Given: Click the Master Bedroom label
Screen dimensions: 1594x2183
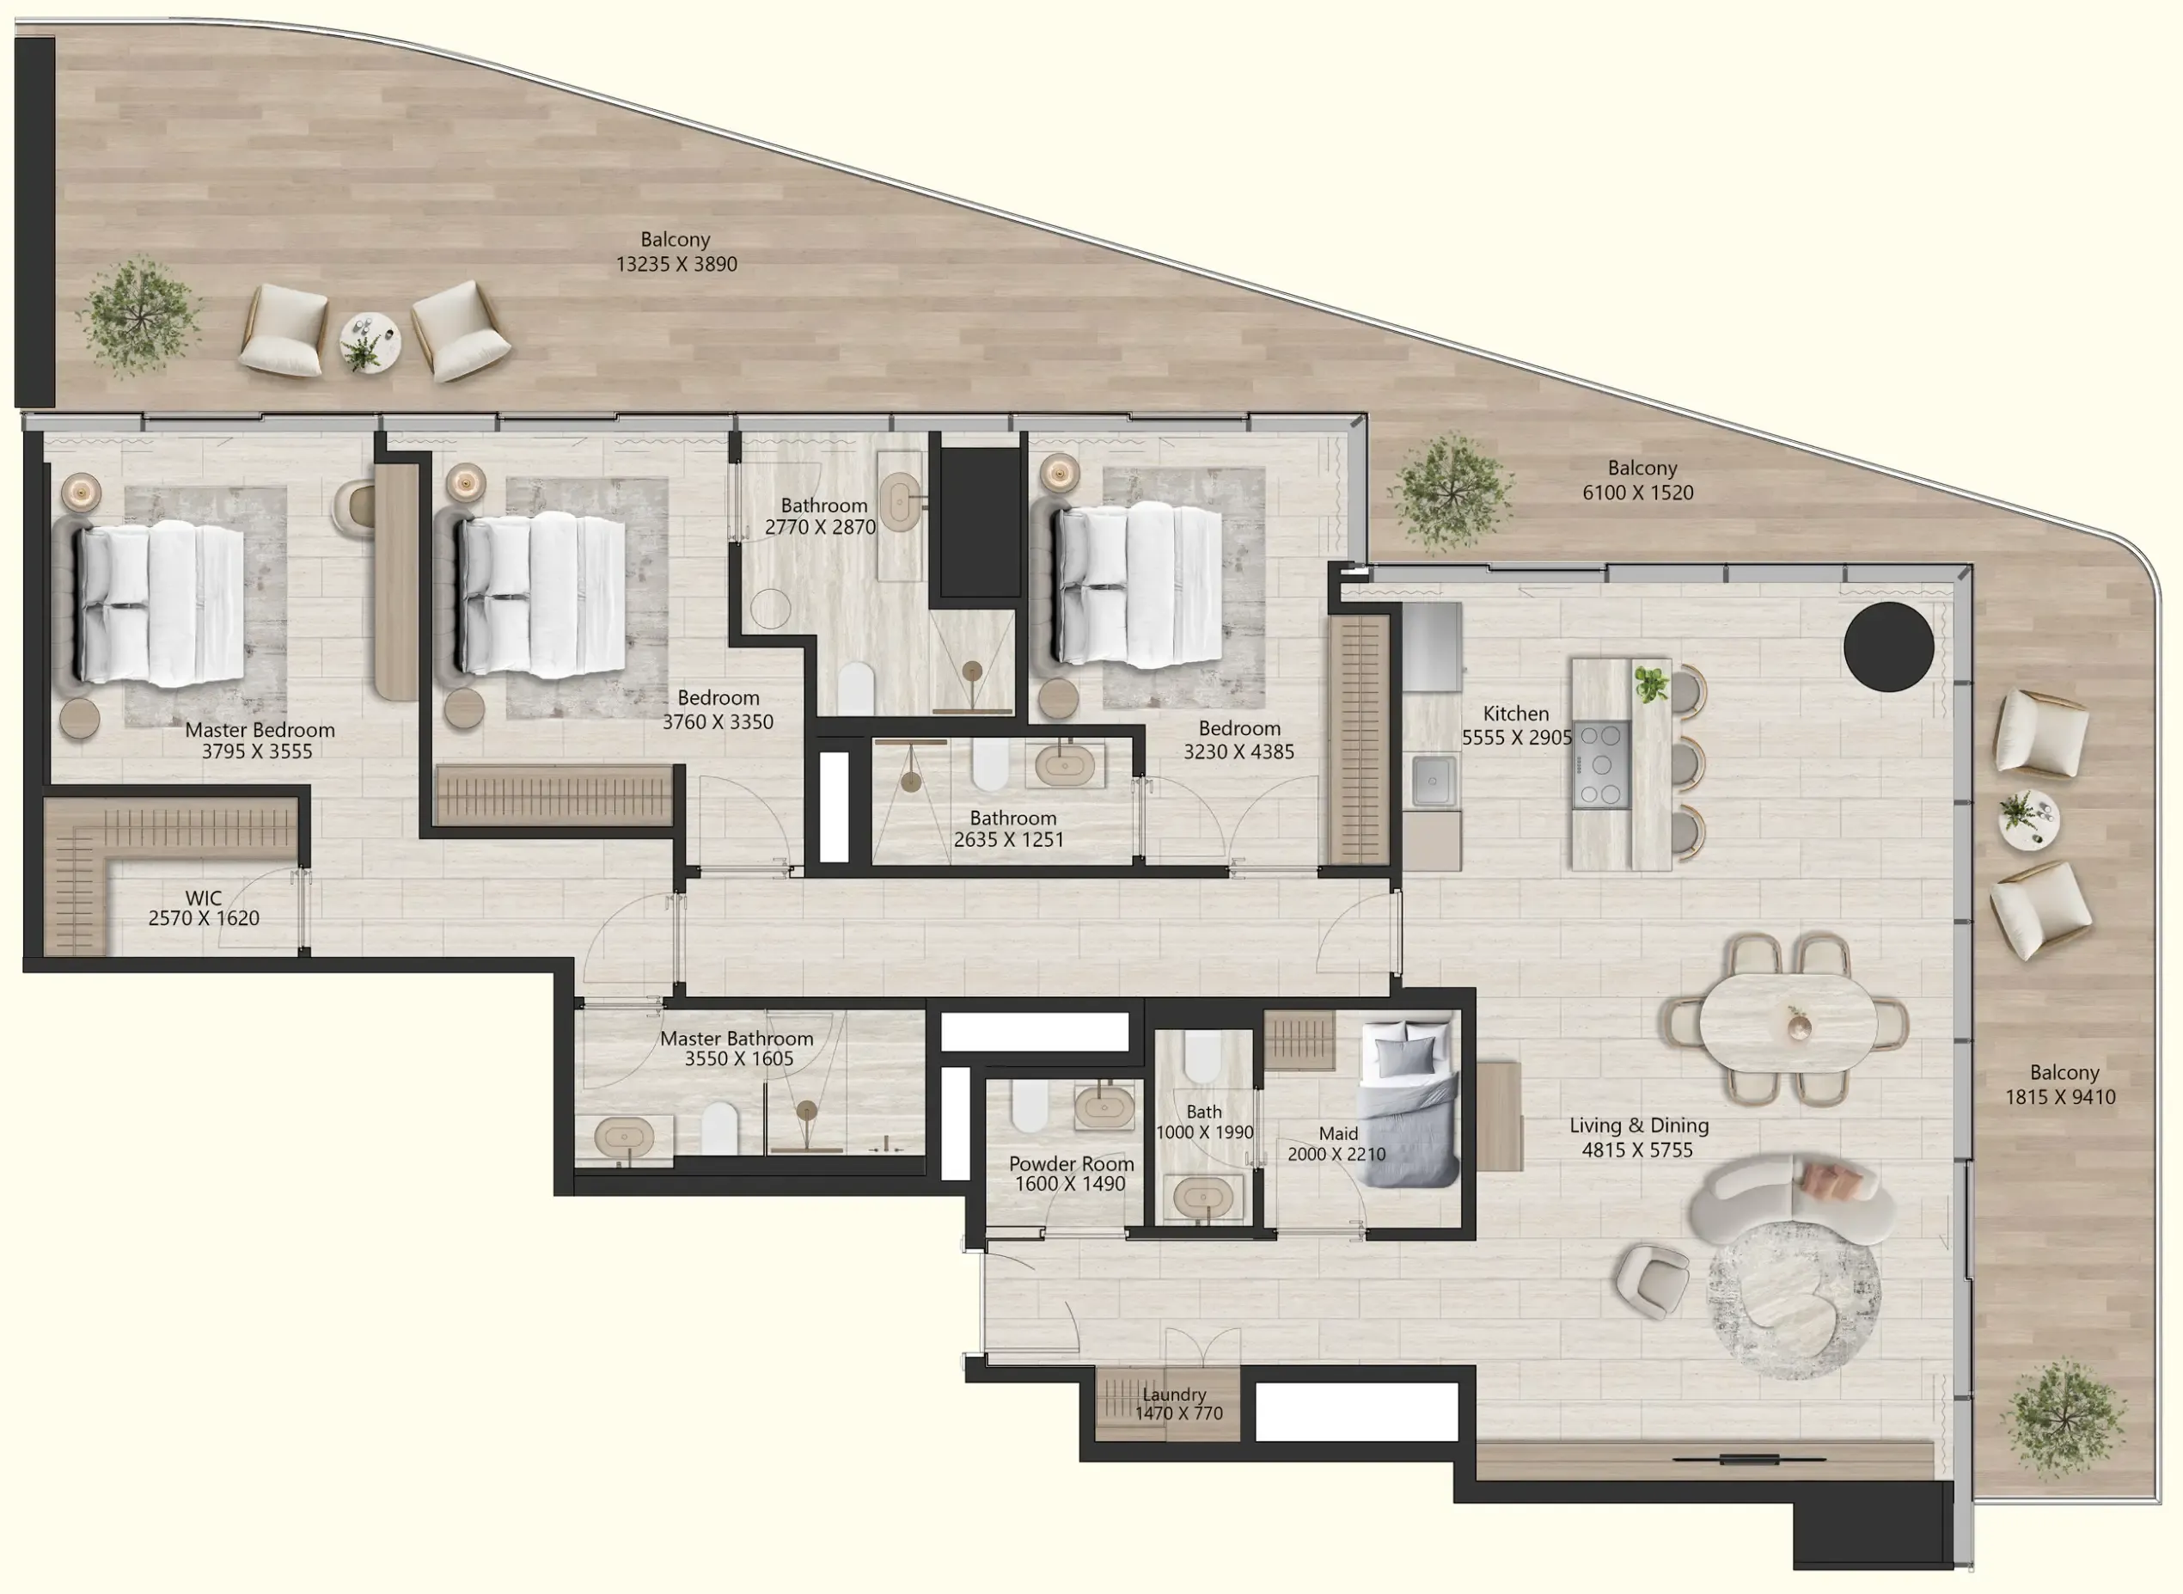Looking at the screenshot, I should (x=260, y=731).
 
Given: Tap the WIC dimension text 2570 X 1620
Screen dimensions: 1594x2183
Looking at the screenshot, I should (x=204, y=918).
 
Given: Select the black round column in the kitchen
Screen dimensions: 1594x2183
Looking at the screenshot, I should (x=1888, y=647).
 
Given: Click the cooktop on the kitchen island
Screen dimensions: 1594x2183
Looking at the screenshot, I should (x=1601, y=764).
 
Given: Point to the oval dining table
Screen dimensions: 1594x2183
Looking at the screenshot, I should (x=1788, y=1023).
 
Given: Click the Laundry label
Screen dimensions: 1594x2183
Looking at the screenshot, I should (x=1173, y=1395).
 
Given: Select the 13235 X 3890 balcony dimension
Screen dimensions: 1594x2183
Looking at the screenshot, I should (x=676, y=265).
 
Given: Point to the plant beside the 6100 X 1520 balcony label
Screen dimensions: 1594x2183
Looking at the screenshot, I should (x=1450, y=492).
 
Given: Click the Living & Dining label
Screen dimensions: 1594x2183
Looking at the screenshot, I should (x=1638, y=1125).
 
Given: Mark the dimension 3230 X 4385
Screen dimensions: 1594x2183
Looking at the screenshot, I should (x=1238, y=751).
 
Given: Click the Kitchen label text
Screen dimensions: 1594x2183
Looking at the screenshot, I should (x=1515, y=714).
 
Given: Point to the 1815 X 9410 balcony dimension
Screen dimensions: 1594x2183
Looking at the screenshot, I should (x=2060, y=1097).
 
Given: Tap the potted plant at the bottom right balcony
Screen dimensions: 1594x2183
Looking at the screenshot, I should (x=2064, y=1419).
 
